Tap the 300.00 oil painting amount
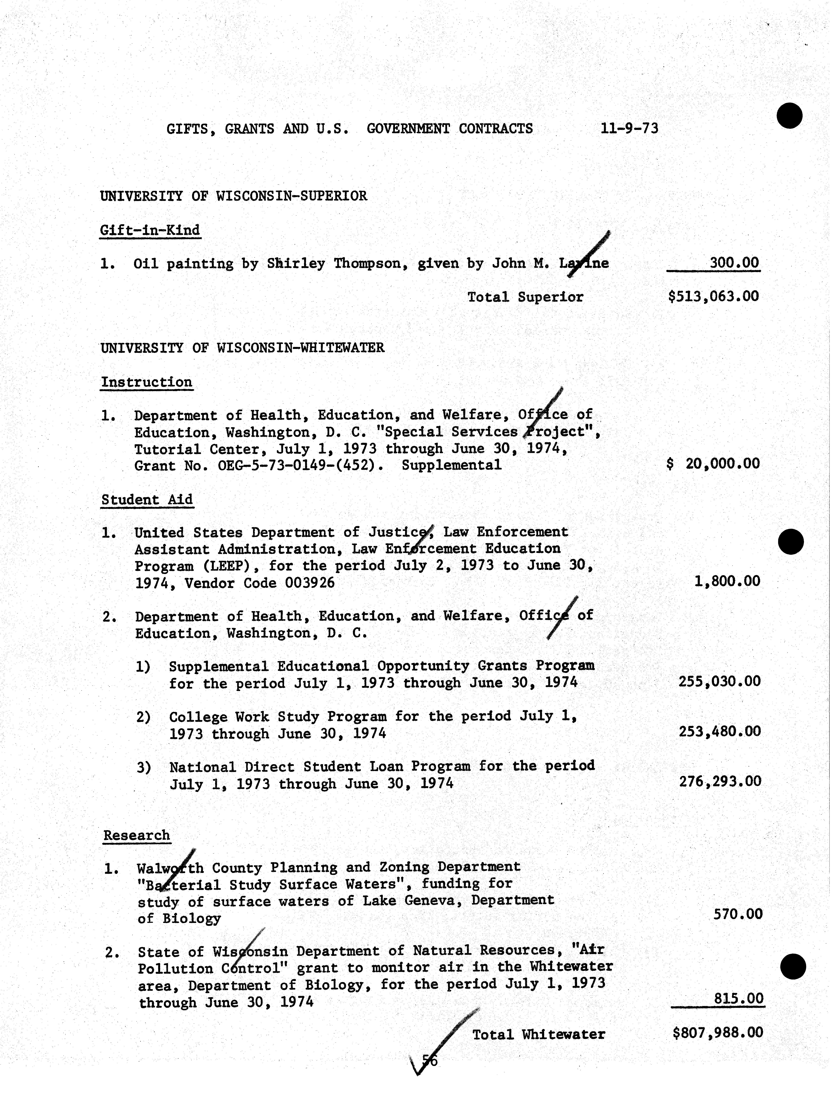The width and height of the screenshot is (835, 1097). [734, 263]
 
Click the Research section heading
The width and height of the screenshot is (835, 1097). [137, 835]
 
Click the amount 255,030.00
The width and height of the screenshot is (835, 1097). [719, 681]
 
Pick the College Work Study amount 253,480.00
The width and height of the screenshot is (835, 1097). [719, 731]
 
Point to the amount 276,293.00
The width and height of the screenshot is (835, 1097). [720, 781]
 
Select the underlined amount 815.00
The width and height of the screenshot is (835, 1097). [738, 999]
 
